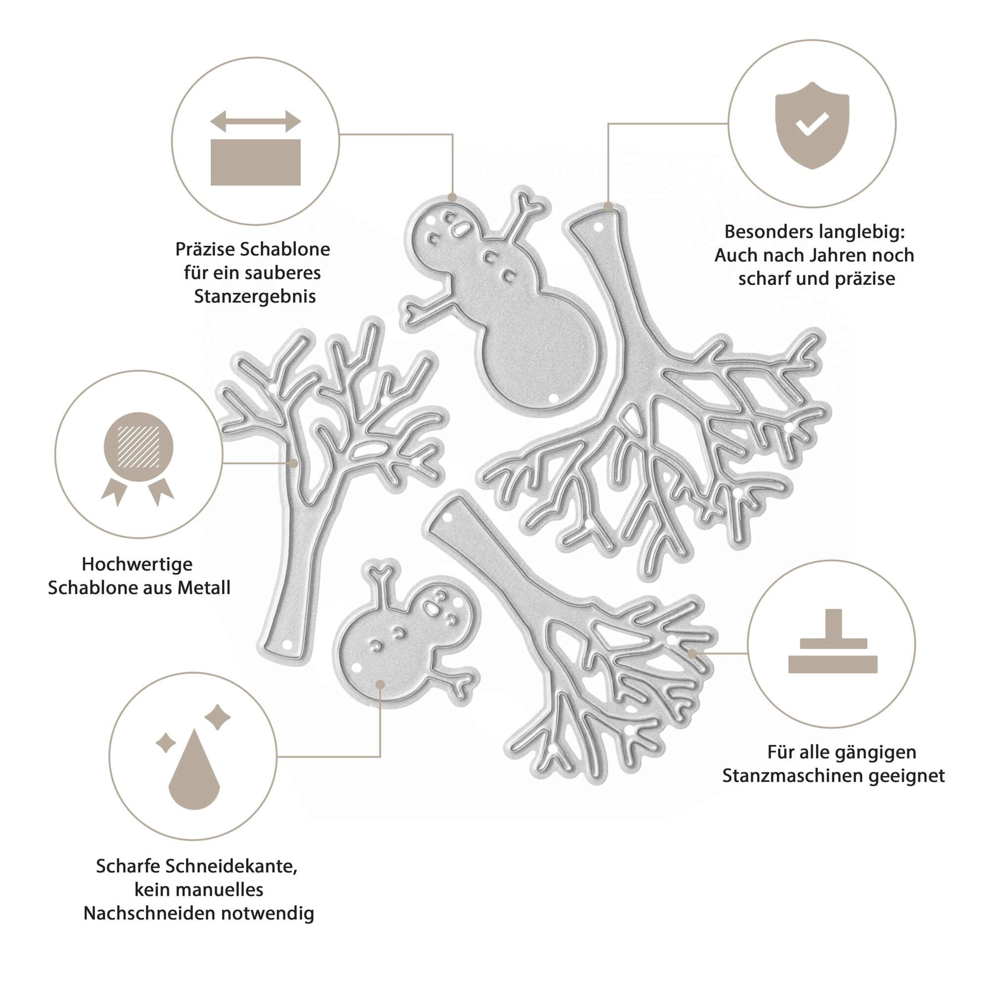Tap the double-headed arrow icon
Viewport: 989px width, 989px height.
click(256, 121)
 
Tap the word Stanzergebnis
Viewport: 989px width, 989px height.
click(254, 296)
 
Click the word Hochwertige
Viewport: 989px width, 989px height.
click(137, 564)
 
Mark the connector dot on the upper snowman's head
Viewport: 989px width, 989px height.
click(452, 198)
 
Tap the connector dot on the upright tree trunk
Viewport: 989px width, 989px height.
click(293, 463)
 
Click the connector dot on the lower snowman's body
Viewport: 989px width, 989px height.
click(380, 684)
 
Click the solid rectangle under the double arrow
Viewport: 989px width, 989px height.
click(256, 162)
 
